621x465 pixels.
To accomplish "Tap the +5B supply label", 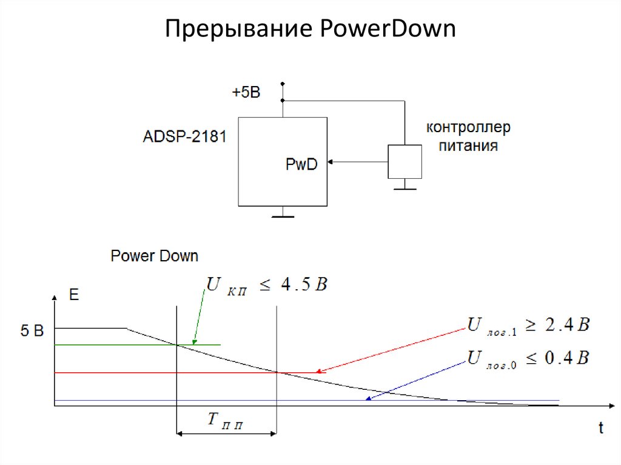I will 246,93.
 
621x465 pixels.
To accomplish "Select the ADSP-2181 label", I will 184,136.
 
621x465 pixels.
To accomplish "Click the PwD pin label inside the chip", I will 301,164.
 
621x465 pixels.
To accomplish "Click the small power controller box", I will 404,162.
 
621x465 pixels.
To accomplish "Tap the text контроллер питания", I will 468,137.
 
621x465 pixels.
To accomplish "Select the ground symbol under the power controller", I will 404,187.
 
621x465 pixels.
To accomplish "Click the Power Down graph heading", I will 154,256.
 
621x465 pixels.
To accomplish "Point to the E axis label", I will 74,295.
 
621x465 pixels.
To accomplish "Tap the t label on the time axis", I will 600,428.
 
